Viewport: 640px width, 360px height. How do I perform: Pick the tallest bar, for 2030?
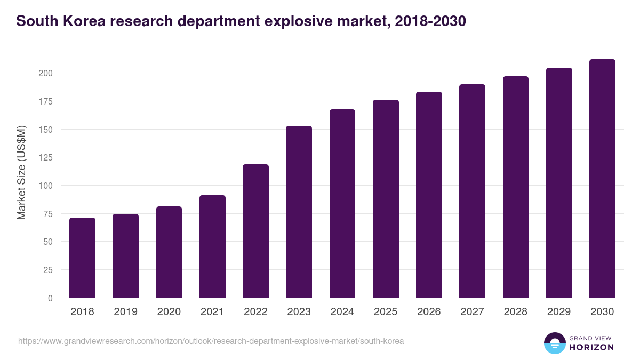click(602, 179)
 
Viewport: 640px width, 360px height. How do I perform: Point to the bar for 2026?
click(429, 195)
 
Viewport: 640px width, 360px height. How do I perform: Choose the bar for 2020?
click(169, 252)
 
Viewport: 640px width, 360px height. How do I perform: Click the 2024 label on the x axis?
click(342, 312)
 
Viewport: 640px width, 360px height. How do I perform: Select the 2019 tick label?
click(125, 312)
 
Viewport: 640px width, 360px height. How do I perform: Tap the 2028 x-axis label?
click(515, 312)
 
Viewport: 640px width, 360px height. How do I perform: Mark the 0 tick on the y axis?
click(50, 298)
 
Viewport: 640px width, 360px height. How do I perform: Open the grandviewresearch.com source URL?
click(211, 341)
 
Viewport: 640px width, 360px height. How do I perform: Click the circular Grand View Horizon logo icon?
click(554, 343)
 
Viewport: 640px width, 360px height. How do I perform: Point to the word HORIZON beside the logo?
click(592, 347)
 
